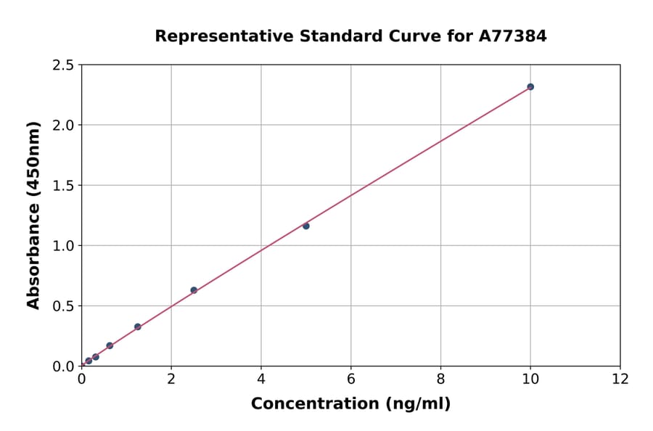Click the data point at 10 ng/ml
pyautogui.click(x=530, y=86)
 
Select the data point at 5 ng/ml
pyautogui.click(x=306, y=226)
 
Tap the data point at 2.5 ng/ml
pyautogui.click(x=194, y=290)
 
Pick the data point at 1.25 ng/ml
pyautogui.click(x=138, y=327)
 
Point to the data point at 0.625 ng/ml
pyautogui.click(x=110, y=345)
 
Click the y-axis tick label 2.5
pyautogui.click(x=63, y=65)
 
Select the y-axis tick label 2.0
pyautogui.click(x=63, y=126)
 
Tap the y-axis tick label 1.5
pyautogui.click(x=63, y=186)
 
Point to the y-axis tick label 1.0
pyautogui.click(x=63, y=246)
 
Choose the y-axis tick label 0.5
pyautogui.click(x=63, y=306)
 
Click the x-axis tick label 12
pyautogui.click(x=620, y=379)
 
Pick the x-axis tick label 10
pyautogui.click(x=530, y=379)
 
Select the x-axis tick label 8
pyautogui.click(x=440, y=379)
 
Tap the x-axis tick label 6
pyautogui.click(x=351, y=379)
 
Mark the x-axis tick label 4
pyautogui.click(x=261, y=379)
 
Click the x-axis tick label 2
pyautogui.click(x=171, y=379)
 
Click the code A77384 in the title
pyautogui.click(x=513, y=36)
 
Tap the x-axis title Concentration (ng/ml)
pyautogui.click(x=350, y=403)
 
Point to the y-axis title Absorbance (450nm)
pyautogui.click(x=33, y=215)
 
